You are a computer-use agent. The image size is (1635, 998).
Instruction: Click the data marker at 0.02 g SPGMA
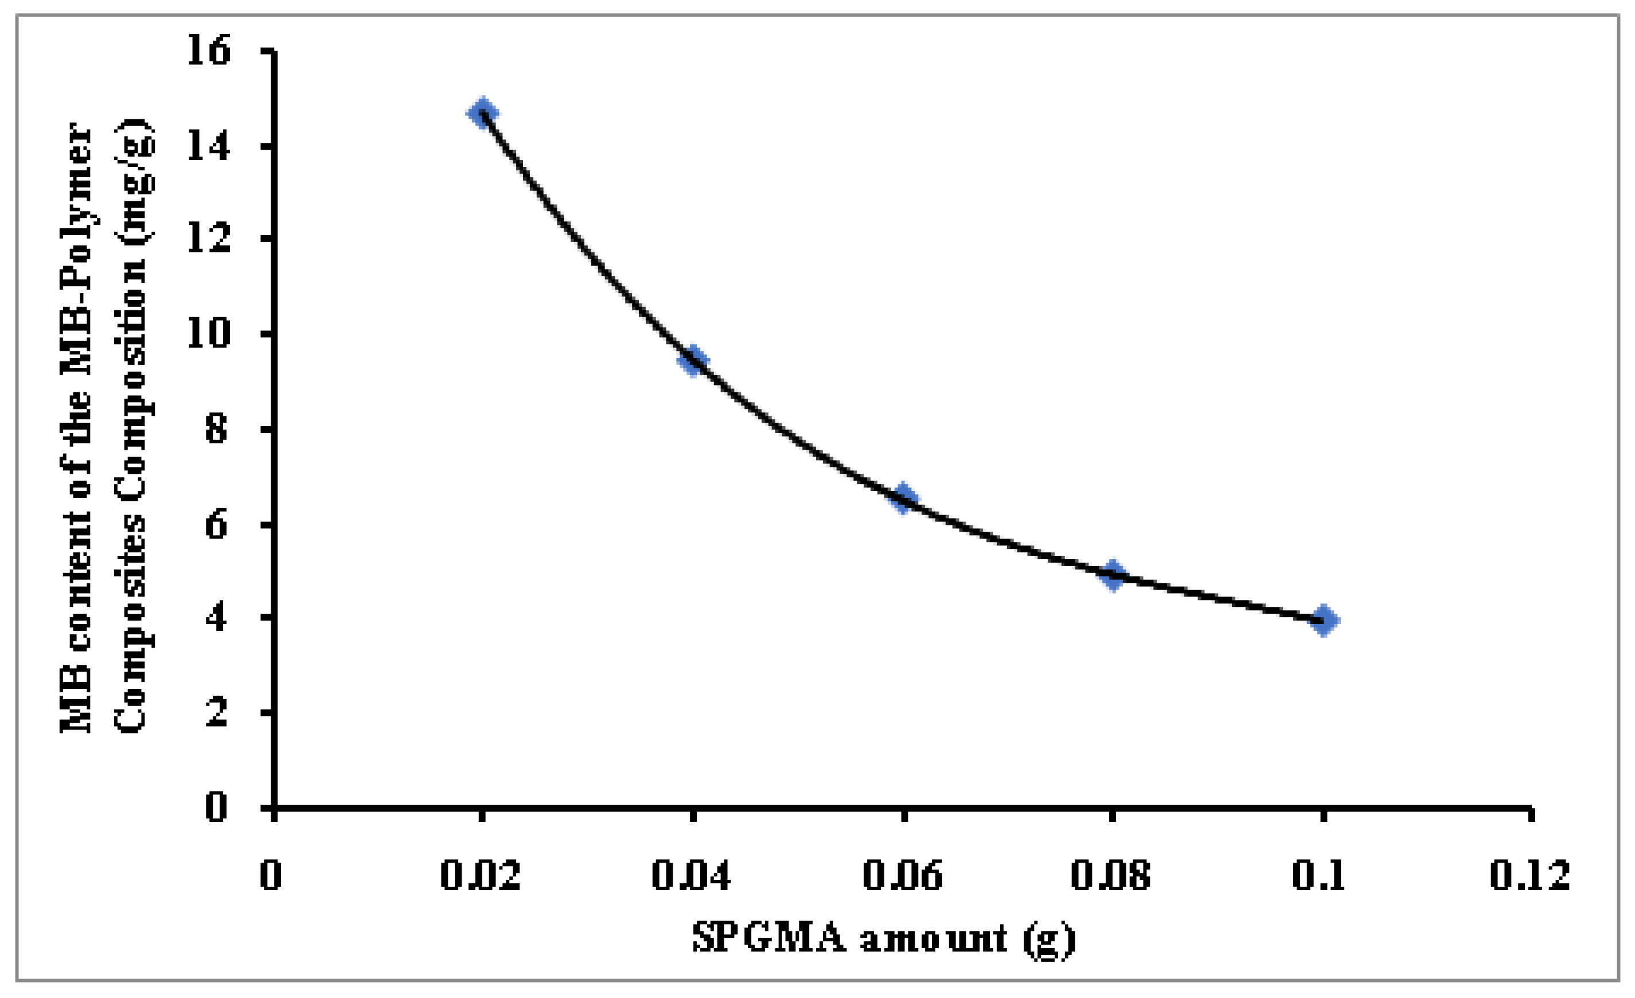(483, 113)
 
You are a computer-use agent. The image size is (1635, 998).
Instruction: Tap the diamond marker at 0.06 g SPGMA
(904, 498)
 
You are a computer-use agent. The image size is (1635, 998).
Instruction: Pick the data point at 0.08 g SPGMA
(1114, 574)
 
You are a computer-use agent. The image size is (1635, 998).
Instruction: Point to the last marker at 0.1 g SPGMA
(1324, 621)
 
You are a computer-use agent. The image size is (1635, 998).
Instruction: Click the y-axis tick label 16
(209, 50)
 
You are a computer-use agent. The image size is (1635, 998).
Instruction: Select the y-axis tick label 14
(209, 145)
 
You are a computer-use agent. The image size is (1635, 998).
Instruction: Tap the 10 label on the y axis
(209, 333)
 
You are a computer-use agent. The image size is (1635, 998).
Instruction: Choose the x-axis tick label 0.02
(481, 876)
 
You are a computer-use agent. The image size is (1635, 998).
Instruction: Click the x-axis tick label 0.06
(903, 876)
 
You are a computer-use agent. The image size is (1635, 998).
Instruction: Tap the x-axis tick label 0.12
(1529, 876)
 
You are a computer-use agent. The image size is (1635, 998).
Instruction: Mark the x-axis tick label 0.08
(1111, 876)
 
